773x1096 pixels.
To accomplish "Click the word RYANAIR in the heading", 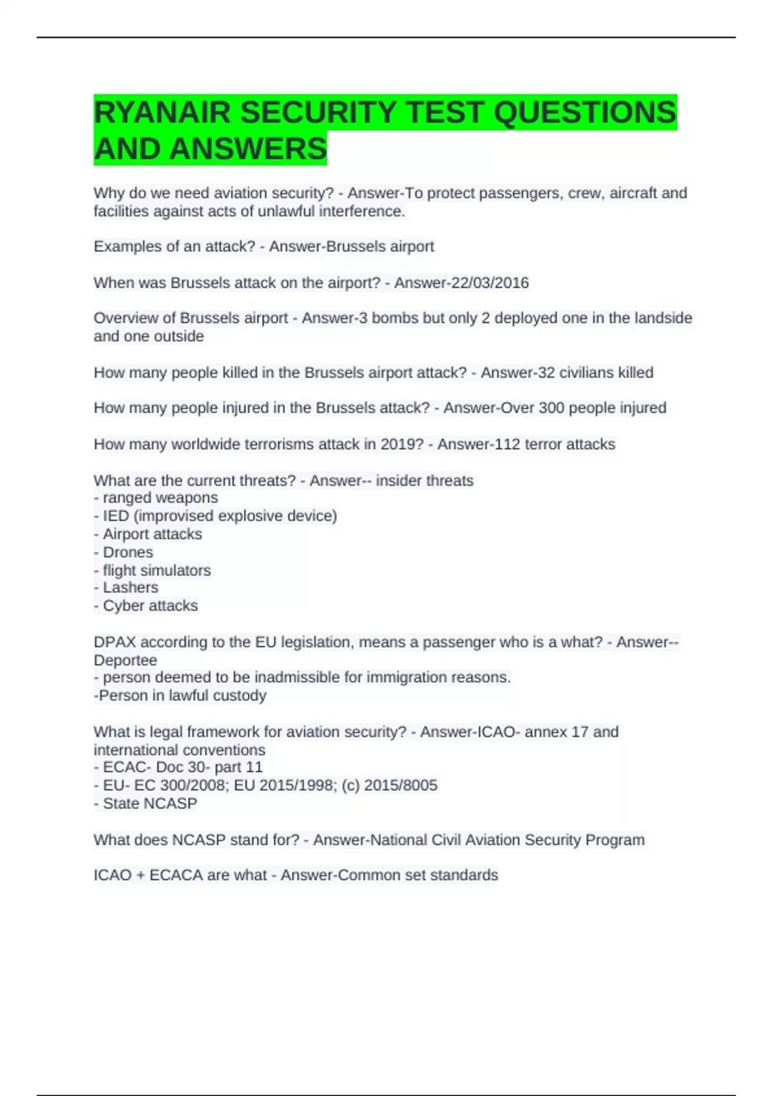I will pyautogui.click(x=162, y=113).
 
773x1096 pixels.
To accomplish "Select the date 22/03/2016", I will pyautogui.click(x=494, y=282).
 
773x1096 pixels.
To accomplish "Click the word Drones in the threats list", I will pyautogui.click(x=128, y=552).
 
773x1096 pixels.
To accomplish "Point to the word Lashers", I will pyautogui.click(x=130, y=587).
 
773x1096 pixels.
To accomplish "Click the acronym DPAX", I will pyautogui.click(x=115, y=642).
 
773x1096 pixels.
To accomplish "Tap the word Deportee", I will pyautogui.click(x=125, y=660).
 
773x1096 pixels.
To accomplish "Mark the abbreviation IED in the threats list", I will pyautogui.click(x=116, y=516).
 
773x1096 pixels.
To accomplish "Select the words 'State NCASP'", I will pyautogui.click(x=149, y=803).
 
